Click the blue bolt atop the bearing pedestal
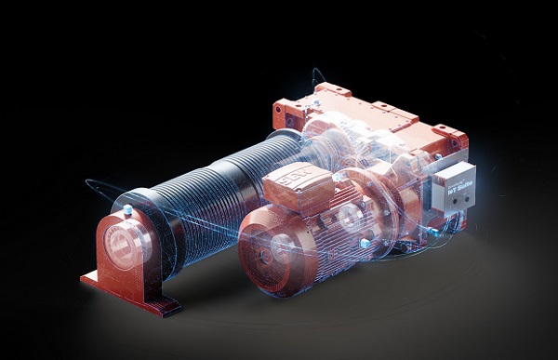point(127,211)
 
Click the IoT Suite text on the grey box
point(456,185)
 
